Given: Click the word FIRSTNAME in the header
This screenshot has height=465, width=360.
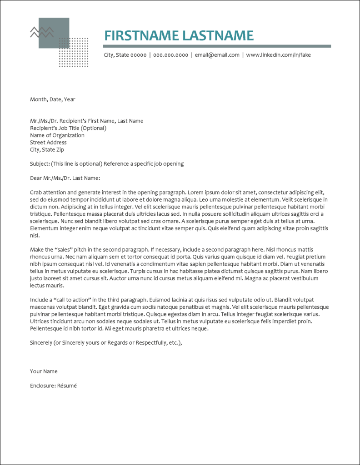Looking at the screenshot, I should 141,35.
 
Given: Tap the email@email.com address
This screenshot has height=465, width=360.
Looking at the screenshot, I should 217,55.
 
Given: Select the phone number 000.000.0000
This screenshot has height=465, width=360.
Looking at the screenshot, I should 170,55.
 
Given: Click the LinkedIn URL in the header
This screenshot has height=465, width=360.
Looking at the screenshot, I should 278,55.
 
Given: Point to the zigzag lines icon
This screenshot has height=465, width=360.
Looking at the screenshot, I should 42,32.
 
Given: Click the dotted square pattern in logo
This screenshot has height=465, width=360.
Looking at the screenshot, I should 74,52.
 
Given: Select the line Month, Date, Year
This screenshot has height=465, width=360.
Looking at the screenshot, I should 53,99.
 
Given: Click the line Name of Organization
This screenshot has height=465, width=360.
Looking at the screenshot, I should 57,135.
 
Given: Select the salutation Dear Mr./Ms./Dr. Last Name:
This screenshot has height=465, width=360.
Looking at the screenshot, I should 65,178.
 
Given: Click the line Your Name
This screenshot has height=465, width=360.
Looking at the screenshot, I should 44,371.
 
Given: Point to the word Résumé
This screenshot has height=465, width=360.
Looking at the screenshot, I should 66,386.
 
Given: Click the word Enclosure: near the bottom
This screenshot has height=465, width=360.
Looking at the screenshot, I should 42,386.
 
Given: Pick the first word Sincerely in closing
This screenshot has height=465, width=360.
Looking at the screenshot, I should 41,342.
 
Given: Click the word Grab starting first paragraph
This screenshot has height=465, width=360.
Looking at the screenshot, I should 36,193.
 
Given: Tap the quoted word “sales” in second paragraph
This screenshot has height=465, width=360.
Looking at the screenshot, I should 65,250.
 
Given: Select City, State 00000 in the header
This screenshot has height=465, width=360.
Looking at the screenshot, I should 125,55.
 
